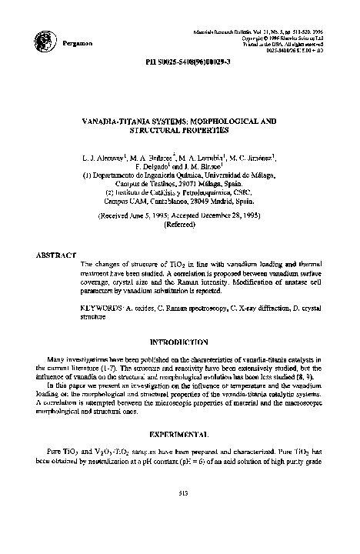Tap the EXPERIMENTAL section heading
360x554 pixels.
(180, 434)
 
